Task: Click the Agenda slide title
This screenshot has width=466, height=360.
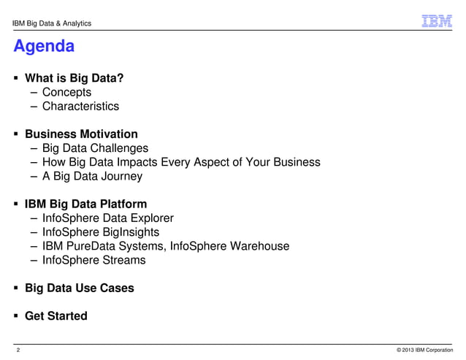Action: tap(44, 47)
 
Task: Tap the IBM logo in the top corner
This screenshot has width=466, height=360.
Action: tap(437, 22)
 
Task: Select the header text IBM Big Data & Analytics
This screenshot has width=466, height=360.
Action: tap(52, 24)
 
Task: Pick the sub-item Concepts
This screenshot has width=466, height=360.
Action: tap(66, 93)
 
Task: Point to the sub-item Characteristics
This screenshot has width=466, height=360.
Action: tap(80, 107)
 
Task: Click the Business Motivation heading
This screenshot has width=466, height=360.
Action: tap(81, 134)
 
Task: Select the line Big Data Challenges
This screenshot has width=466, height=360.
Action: tap(95, 148)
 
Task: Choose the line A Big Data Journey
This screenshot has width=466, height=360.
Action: tap(92, 176)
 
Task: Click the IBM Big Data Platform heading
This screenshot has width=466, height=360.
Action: tap(86, 204)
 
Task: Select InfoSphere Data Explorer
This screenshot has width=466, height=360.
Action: tap(107, 218)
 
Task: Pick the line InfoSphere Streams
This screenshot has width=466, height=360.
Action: tap(93, 260)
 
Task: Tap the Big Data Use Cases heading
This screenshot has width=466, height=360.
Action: tap(80, 288)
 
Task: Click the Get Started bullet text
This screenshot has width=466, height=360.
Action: tap(56, 316)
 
